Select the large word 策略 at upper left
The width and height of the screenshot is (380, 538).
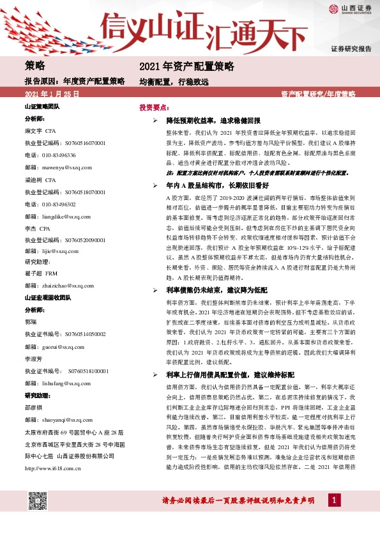35,66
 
